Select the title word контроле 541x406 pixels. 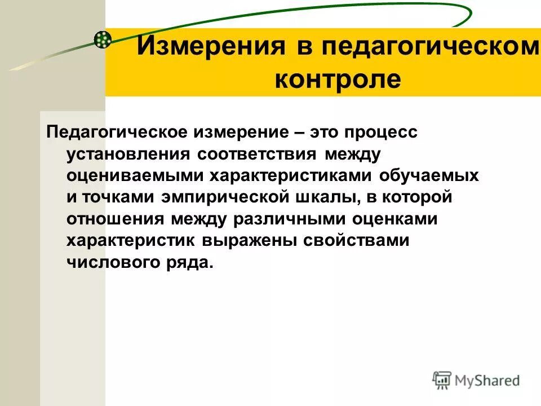click(x=338, y=79)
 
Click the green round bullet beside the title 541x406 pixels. click(x=103, y=39)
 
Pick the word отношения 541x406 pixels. click(x=114, y=219)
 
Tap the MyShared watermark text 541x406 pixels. click(x=486, y=380)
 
